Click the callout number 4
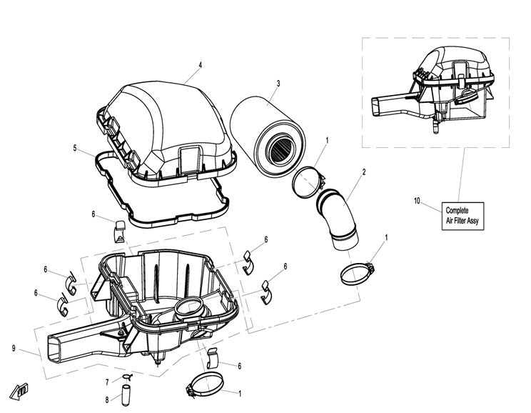[x=200, y=65]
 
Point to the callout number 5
[x=74, y=148]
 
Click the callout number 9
[x=14, y=348]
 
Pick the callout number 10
[x=417, y=201]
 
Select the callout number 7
[x=107, y=382]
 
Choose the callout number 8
[x=107, y=399]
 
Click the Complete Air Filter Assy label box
[x=464, y=215]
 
